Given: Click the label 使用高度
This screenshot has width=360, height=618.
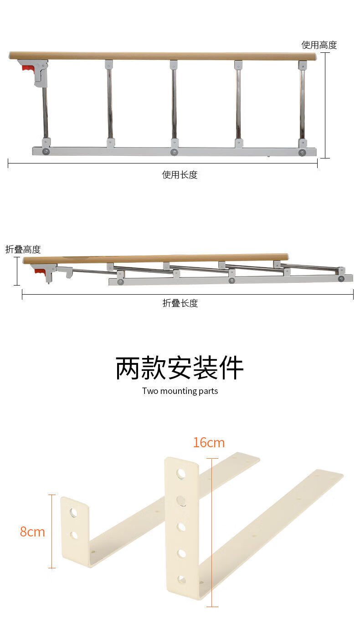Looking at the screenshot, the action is click(319, 45).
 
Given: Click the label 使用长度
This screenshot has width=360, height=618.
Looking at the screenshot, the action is click(180, 174).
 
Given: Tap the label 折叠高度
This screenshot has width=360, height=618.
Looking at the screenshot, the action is click(23, 250).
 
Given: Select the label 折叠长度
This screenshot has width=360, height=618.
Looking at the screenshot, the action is click(180, 303).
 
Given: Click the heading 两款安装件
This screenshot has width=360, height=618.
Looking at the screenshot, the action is click(180, 368).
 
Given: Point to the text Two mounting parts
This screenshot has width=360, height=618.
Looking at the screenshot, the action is click(180, 391).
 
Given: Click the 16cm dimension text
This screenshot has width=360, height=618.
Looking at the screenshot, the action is click(209, 443).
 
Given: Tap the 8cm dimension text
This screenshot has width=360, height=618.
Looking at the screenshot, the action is click(32, 531).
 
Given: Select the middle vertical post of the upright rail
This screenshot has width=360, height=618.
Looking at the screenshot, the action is click(174, 104).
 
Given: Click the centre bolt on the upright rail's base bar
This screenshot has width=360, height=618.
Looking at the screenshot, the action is click(174, 152).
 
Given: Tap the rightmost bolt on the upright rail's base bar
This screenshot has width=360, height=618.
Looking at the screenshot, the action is click(302, 153).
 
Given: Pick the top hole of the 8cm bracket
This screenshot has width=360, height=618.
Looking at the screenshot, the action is click(73, 512).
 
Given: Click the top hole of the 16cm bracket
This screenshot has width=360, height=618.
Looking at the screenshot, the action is click(181, 474).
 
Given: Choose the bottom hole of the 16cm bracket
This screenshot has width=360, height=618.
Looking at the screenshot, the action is click(181, 579).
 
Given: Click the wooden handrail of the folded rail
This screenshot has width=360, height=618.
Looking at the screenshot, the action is click(156, 259).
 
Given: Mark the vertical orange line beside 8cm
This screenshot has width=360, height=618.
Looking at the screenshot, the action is click(52, 531).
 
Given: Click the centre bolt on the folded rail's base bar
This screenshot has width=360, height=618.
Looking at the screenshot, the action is click(232, 280).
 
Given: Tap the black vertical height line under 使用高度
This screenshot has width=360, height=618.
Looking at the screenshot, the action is click(325, 105).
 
